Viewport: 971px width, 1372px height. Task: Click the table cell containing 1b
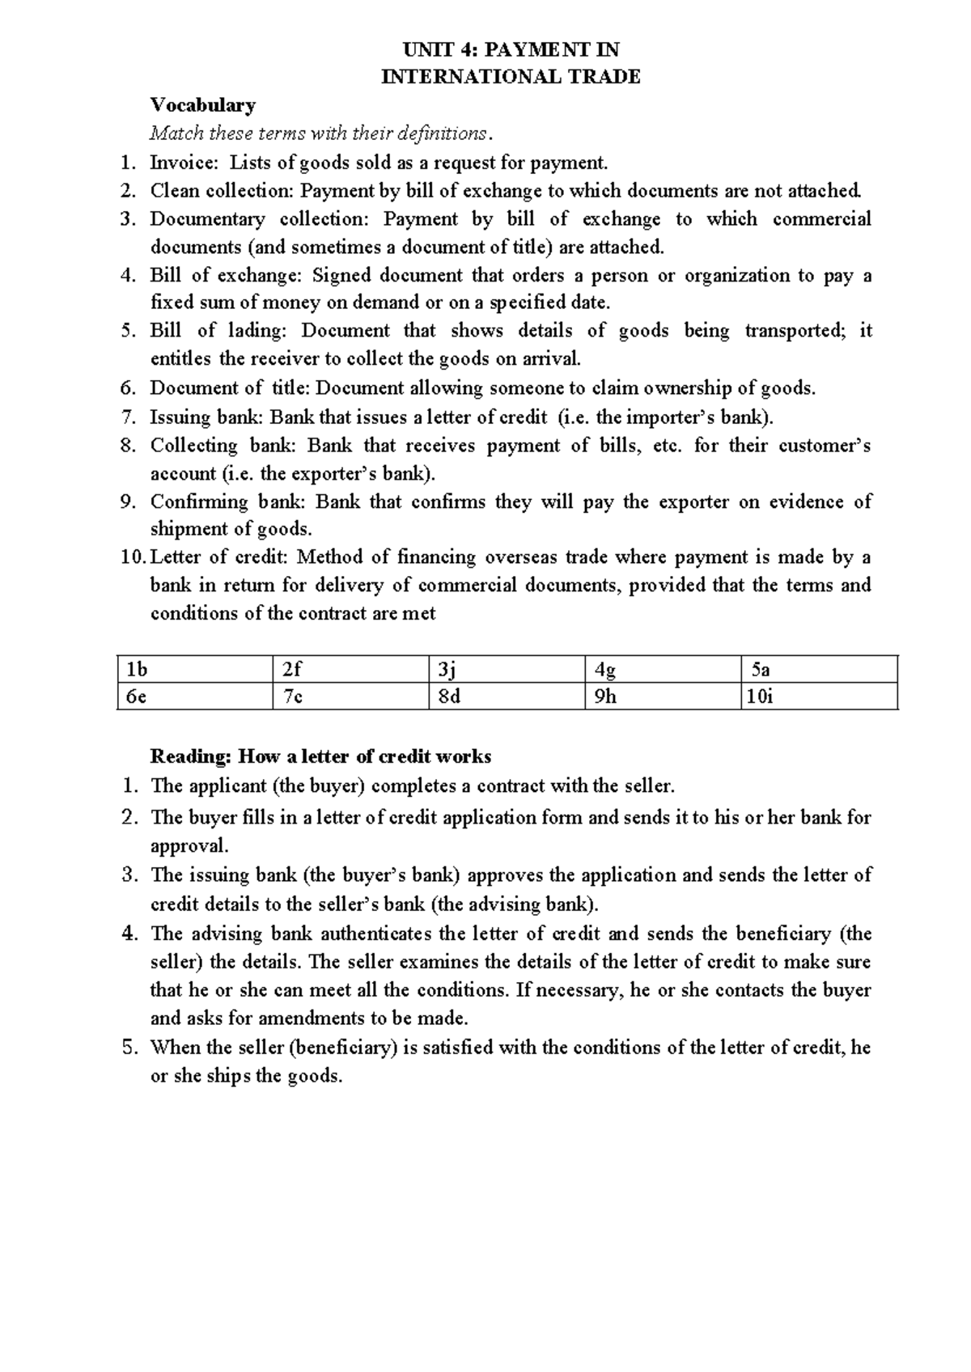pyautogui.click(x=194, y=670)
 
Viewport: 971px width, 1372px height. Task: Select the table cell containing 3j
pyautogui.click(x=507, y=670)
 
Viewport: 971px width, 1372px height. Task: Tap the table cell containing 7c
pyautogui.click(x=350, y=697)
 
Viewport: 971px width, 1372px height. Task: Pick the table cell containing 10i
pyautogui.click(x=819, y=697)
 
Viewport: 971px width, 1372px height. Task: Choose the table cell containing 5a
pyautogui.click(x=819, y=670)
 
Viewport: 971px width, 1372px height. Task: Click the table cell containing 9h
pyautogui.click(x=662, y=697)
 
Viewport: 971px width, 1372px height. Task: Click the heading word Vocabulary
pyautogui.click(x=203, y=105)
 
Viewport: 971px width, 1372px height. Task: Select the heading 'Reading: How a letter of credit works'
pyautogui.click(x=320, y=757)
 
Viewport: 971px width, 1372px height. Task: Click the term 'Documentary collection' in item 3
pyautogui.click(x=257, y=219)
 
